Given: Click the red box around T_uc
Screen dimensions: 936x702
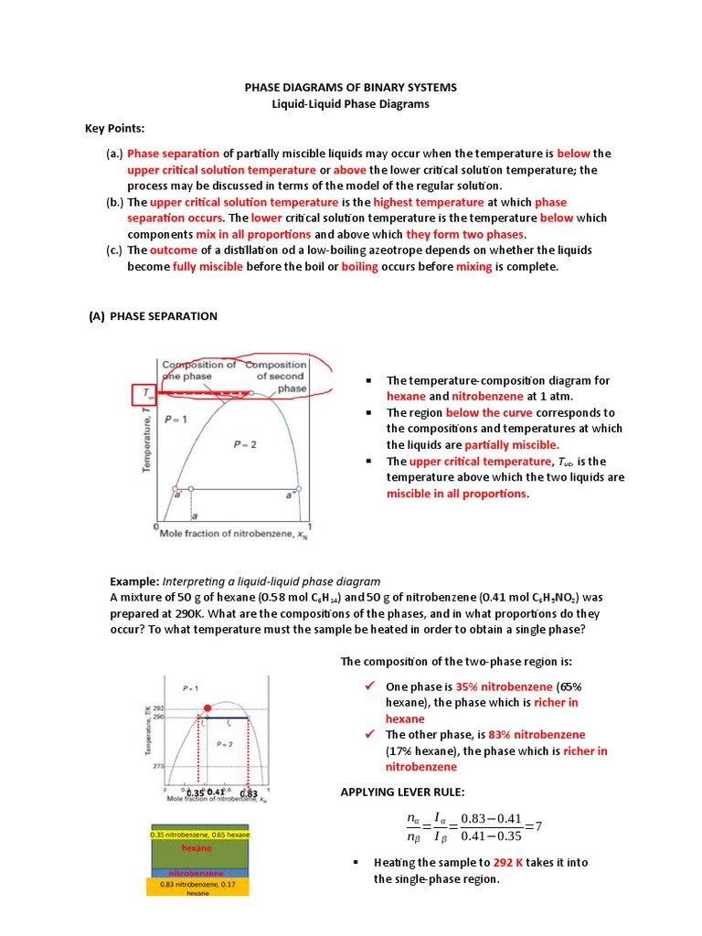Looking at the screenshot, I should (x=144, y=395).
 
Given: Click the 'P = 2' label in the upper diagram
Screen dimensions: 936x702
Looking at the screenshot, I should (x=244, y=443).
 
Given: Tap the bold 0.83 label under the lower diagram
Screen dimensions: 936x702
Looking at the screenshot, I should (x=249, y=792).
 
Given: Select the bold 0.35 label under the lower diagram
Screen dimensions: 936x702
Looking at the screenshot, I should (x=194, y=792).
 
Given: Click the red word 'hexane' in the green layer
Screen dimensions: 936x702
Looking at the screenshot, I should (x=196, y=847).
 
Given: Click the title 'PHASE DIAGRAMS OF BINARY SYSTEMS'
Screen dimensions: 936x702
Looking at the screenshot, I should (x=350, y=87).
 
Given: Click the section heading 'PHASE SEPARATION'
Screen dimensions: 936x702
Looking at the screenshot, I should (x=163, y=316).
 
